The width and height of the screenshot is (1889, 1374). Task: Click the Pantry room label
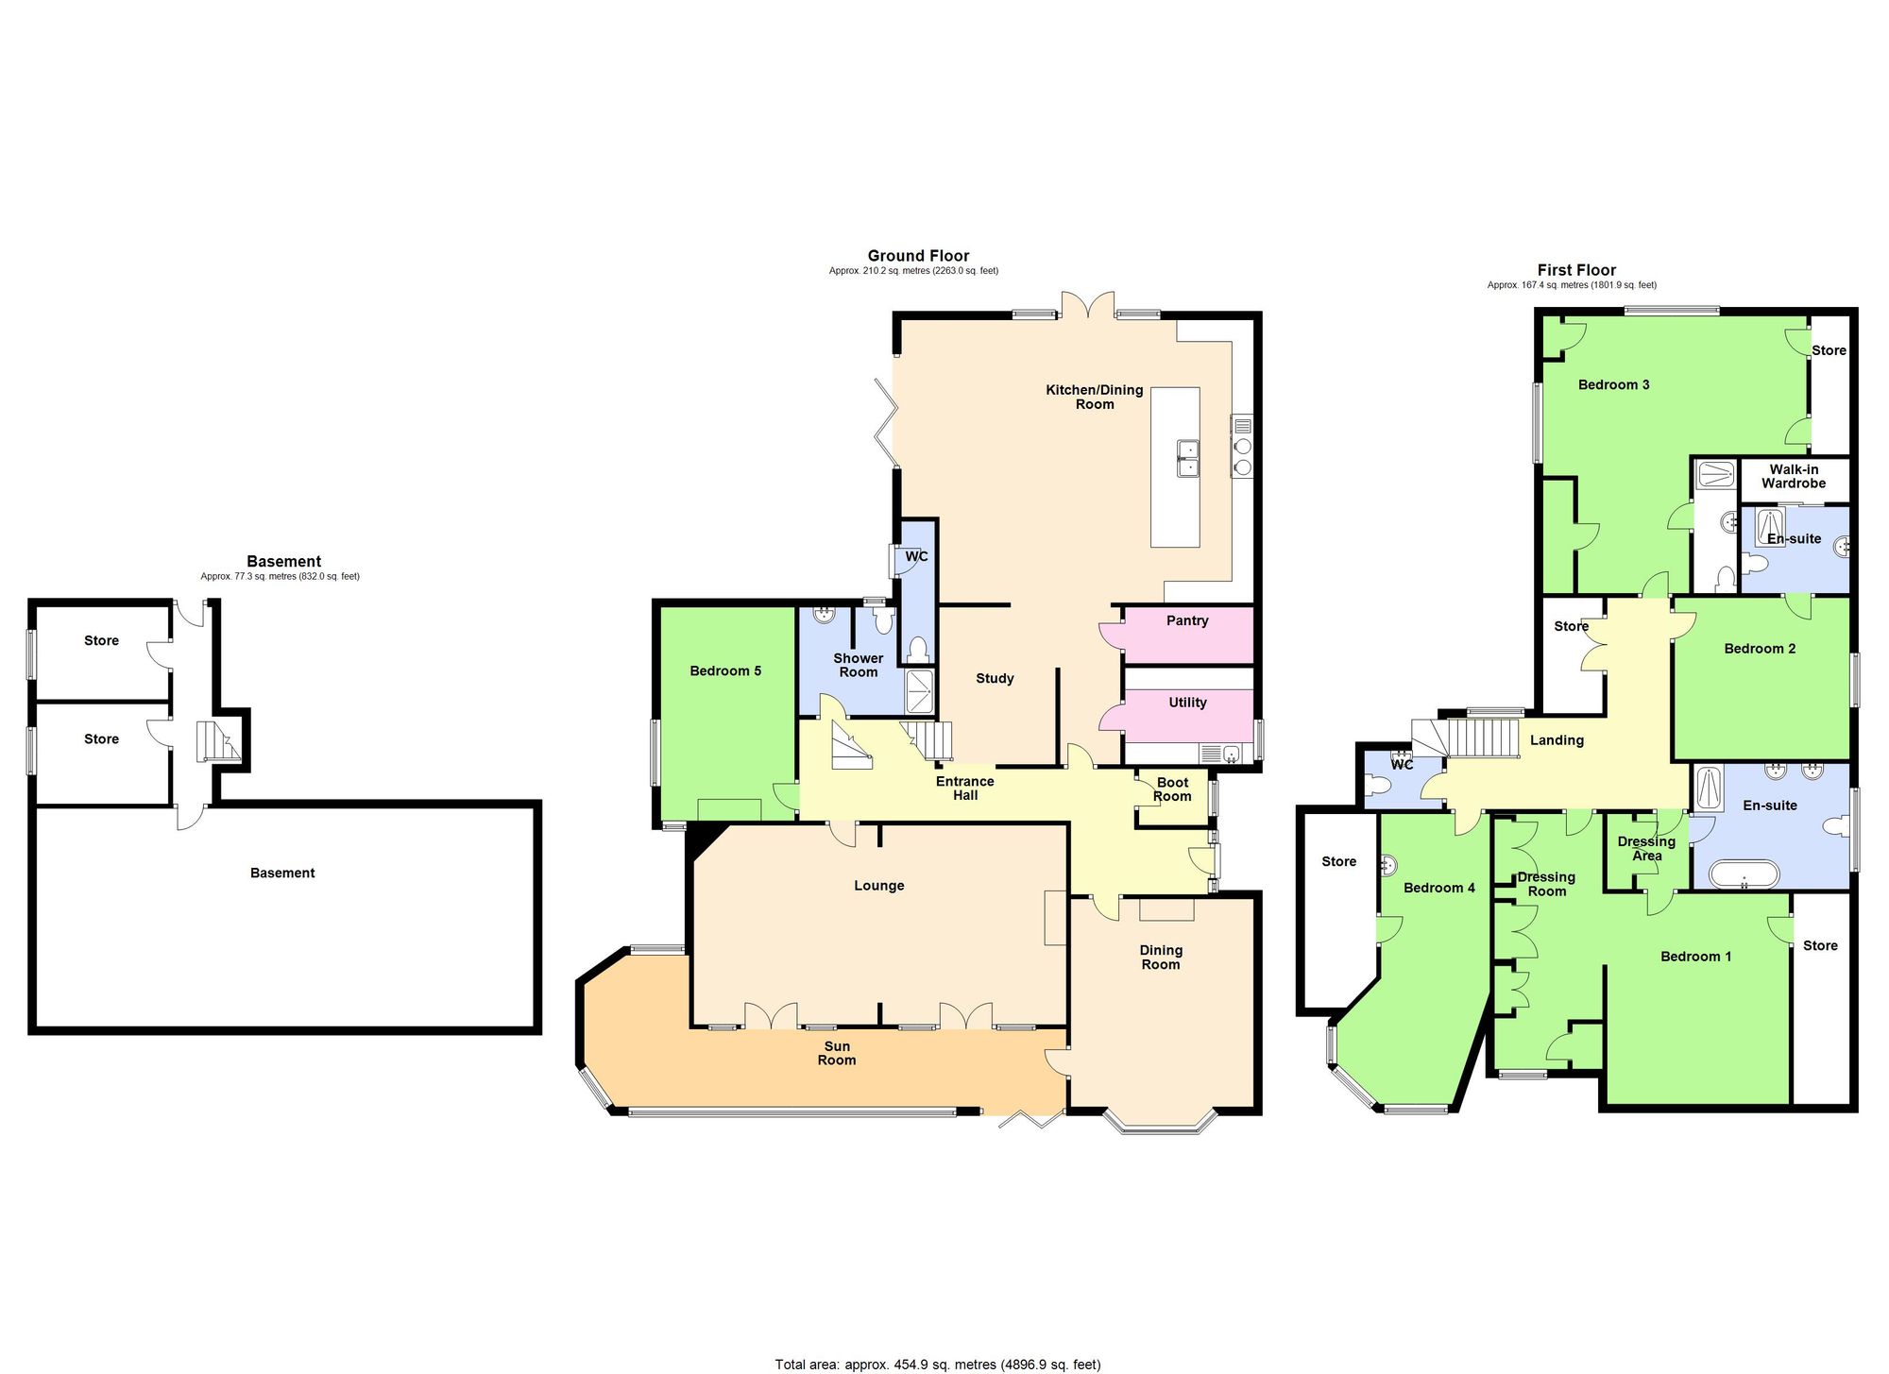[x=1187, y=620]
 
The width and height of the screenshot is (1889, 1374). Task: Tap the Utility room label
[x=1187, y=703]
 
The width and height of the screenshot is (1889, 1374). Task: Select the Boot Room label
[x=1172, y=789]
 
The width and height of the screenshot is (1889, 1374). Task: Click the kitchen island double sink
[x=1187, y=458]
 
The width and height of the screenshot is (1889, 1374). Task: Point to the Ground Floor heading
[x=918, y=256]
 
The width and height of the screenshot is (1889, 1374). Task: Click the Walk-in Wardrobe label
[x=1793, y=476]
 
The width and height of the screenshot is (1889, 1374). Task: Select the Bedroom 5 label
[x=725, y=671]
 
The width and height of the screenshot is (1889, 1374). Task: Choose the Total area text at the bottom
[x=937, y=1364]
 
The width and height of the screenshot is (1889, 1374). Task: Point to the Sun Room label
[x=837, y=1053]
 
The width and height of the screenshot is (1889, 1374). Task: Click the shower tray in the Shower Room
[x=919, y=692]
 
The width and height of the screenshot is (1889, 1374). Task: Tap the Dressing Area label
[x=1646, y=848]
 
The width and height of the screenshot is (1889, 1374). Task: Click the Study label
[x=995, y=678]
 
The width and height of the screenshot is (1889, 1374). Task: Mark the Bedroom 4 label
[x=1438, y=888]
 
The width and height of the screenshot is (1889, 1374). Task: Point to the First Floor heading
[x=1576, y=270]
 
